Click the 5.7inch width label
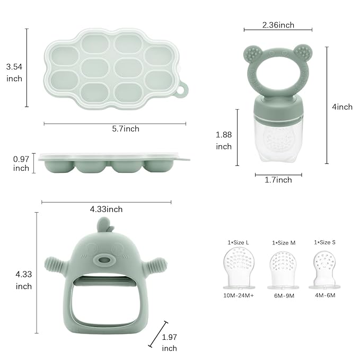tap(126, 129)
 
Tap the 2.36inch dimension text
tap(278, 25)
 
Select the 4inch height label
tap(342, 107)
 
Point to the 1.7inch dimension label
tap(278, 180)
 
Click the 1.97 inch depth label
tap(170, 343)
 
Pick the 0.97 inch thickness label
tap(21, 163)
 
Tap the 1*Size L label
tap(238, 242)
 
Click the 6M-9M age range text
tap(284, 296)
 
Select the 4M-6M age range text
tap(325, 295)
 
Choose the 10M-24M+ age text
tap(239, 295)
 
